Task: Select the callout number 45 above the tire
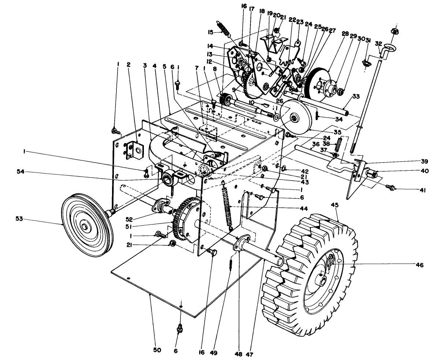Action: point(335,205)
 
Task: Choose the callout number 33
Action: point(356,97)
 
